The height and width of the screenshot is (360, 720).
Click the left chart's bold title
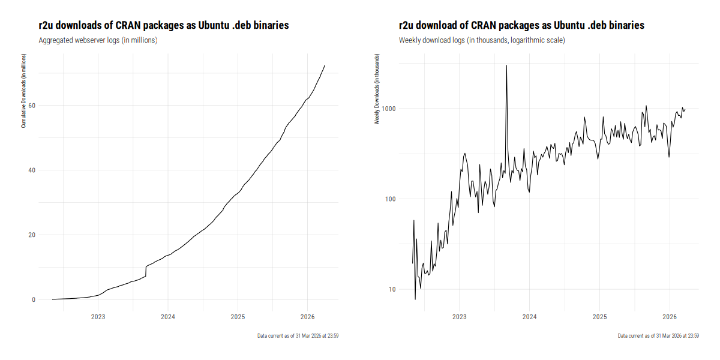click(164, 25)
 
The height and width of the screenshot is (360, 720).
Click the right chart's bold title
click(521, 25)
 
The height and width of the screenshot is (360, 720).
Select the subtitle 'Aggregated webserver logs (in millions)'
click(98, 40)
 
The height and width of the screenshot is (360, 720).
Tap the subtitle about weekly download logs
click(482, 40)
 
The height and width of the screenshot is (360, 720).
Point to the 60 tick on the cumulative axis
click(32, 106)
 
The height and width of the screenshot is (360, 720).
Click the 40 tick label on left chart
click(32, 170)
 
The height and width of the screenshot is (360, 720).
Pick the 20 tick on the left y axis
click(32, 235)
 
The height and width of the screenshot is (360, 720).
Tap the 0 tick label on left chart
click(34, 300)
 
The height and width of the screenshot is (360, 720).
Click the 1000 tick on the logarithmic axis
click(388, 109)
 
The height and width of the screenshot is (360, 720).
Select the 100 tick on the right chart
click(390, 199)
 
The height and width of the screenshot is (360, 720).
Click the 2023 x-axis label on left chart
click(98, 317)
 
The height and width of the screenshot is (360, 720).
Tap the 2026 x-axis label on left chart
click(307, 317)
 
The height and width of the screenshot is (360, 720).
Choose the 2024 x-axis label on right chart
click(529, 317)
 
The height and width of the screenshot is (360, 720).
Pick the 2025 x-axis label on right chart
click(599, 317)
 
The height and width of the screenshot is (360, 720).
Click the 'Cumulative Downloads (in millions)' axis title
click(23, 91)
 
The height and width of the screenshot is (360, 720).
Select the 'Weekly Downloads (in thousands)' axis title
click(377, 92)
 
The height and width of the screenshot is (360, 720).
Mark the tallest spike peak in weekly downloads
click(506, 65)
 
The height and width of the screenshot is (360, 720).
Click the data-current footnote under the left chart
click(298, 336)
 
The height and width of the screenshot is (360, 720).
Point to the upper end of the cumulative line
click(325, 65)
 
